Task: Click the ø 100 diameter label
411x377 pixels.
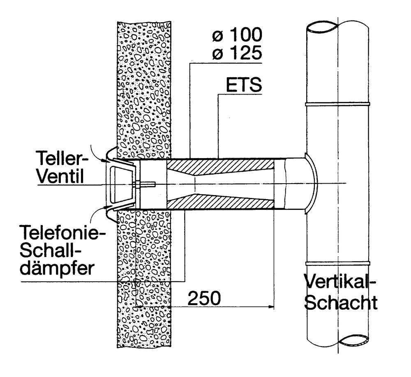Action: pyautogui.click(x=237, y=35)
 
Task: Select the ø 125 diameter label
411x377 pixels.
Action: pyautogui.click(x=237, y=53)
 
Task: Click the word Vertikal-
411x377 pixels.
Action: pyautogui.click(x=340, y=282)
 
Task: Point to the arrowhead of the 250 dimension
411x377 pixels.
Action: pyautogui.click(x=271, y=306)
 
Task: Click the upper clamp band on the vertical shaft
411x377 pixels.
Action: pyautogui.click(x=337, y=104)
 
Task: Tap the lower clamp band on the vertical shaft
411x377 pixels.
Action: pyautogui.click(x=337, y=262)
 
